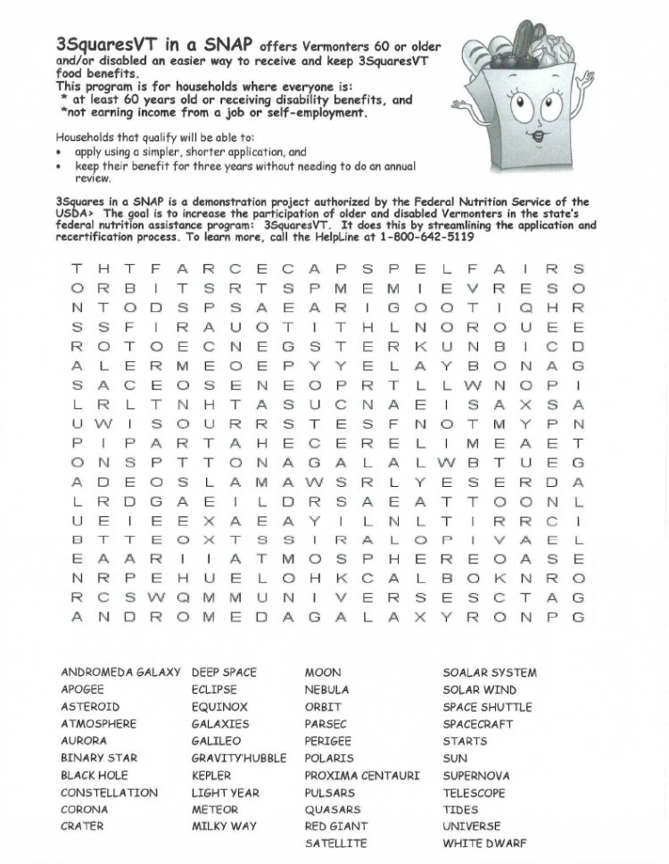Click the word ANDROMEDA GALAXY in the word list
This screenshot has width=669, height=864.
coord(120,672)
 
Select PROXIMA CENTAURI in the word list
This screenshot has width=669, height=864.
coord(361,776)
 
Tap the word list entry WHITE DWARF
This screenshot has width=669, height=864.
coord(484,843)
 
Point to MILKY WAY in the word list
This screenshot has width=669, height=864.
coord(223,827)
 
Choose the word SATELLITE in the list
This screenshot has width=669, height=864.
coord(335,843)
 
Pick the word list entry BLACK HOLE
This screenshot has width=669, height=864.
coord(94,776)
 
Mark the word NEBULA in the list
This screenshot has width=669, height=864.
coord(326,690)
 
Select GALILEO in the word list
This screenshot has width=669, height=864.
coord(216,741)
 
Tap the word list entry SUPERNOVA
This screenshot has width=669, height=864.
coord(476,776)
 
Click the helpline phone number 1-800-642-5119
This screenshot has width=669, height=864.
coord(426,238)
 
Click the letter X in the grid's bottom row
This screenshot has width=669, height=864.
coord(419,617)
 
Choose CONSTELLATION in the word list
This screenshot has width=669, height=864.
coord(109,793)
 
